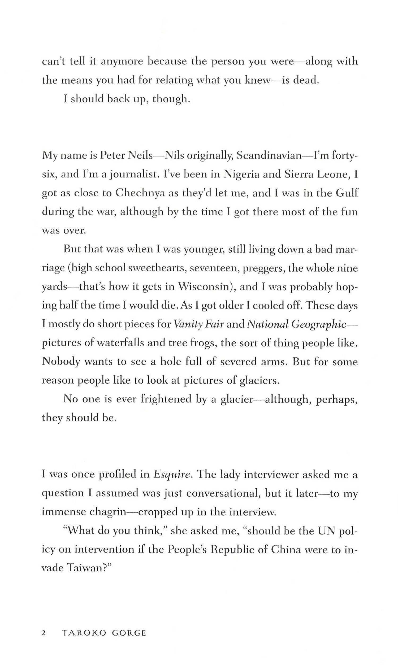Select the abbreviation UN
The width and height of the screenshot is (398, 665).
coord(326,531)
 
